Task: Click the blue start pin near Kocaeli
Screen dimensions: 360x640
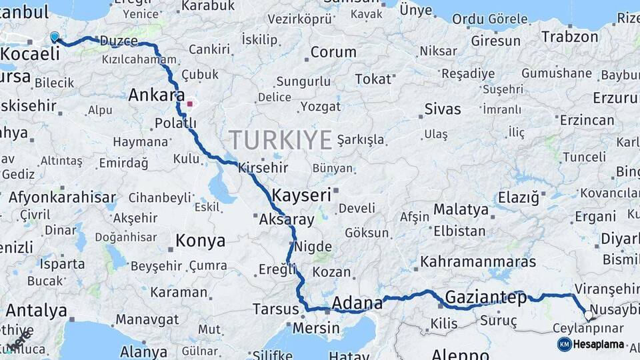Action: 55,37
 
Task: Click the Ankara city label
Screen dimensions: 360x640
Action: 156,95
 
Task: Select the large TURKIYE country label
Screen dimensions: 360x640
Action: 280,140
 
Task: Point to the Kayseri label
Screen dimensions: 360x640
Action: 302,195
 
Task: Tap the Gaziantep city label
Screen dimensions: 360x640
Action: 485,297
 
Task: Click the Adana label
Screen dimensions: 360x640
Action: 357,303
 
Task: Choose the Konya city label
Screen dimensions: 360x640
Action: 200,241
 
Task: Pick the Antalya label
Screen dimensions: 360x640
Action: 37,311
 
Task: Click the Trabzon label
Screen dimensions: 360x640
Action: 570,36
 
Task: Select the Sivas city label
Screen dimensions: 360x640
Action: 443,109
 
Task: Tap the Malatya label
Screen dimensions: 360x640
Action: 461,209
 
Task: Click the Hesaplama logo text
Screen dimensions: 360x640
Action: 599,344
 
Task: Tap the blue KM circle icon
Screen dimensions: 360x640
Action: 565,344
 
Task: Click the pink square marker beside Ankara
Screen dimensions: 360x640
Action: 190,103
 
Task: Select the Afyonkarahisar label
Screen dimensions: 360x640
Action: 62,197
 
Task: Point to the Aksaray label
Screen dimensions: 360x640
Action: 286,219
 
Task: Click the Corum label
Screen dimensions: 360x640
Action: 333,52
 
